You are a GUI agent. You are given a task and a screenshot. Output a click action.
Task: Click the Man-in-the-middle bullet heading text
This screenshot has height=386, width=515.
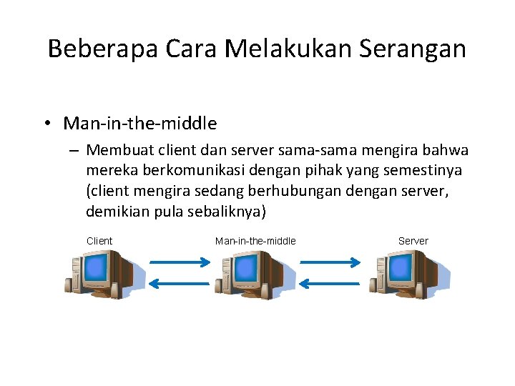pos(140,124)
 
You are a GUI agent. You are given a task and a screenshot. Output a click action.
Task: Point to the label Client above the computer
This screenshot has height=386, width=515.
pos(99,241)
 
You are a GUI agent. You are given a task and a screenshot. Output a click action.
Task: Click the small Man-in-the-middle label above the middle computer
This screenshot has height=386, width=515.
pos(255,241)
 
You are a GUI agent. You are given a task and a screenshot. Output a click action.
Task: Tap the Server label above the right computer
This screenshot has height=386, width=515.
pos(413,241)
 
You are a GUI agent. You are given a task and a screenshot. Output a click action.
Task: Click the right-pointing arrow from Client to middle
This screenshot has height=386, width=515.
pos(179,262)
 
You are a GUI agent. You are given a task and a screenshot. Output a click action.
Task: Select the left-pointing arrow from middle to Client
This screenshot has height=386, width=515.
pos(179,284)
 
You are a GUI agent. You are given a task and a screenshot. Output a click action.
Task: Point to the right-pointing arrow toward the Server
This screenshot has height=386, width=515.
pos(330,262)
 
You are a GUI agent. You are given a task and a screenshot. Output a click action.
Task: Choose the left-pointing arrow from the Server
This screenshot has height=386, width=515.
pos(330,284)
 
